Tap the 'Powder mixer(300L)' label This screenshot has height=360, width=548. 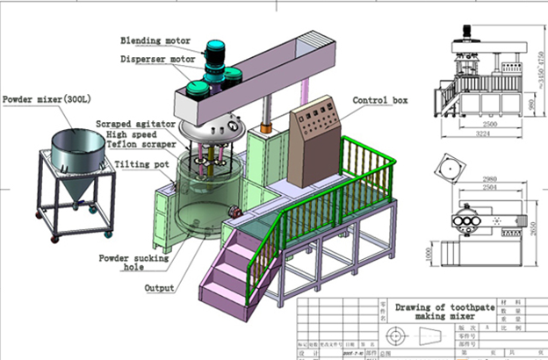(x=51, y=98)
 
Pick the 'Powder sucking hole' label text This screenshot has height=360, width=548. (x=131, y=263)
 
